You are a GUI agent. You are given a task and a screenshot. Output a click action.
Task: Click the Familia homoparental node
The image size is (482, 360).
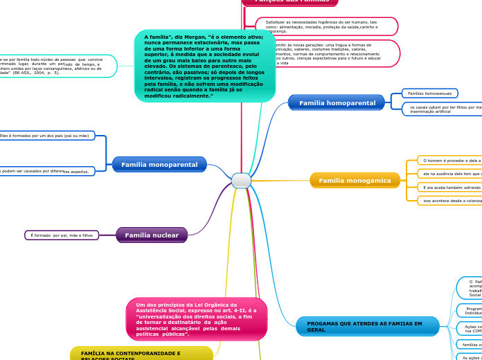(x=337, y=103)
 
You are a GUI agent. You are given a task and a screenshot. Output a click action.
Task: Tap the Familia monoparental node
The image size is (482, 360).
(x=159, y=165)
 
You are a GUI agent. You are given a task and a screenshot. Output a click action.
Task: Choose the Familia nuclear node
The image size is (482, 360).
(x=152, y=235)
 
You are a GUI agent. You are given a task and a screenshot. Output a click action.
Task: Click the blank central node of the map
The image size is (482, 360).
(x=241, y=181)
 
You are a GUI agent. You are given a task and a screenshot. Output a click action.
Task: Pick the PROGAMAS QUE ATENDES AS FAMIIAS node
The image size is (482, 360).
(x=367, y=326)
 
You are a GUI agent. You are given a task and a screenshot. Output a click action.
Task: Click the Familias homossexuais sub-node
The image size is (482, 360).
(x=429, y=93)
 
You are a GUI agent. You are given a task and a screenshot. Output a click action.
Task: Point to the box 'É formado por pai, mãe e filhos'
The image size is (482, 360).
(x=62, y=235)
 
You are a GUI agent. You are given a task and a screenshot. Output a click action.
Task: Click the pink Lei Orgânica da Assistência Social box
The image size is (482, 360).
(x=197, y=319)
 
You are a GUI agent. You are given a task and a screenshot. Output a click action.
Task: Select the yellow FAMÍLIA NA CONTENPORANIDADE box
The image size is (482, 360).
(x=141, y=354)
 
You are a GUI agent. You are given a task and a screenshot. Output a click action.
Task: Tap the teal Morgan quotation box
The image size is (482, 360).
(x=205, y=66)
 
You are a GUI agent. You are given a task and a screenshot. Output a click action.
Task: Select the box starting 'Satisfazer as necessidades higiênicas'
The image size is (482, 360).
(x=327, y=26)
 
